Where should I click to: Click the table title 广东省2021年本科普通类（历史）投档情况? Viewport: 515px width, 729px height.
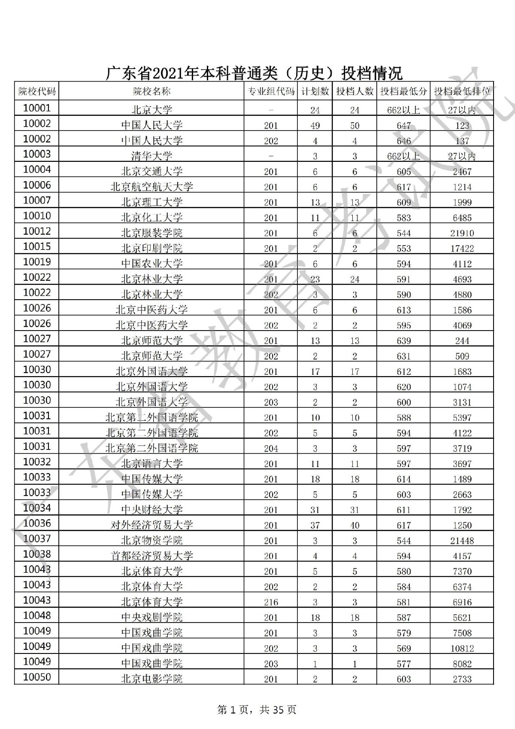click(x=254, y=73)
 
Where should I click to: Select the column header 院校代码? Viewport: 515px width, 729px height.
click(x=37, y=91)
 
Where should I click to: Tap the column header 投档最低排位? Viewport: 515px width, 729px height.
click(x=462, y=91)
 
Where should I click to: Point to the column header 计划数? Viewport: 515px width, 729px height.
click(x=315, y=91)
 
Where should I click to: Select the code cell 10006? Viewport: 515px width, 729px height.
click(x=37, y=185)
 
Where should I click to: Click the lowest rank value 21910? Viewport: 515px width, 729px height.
click(x=462, y=233)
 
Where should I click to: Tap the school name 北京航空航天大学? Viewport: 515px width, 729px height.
click(x=151, y=187)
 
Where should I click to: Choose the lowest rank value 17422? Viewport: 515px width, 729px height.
click(x=462, y=249)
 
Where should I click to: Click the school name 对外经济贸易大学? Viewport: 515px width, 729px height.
click(x=151, y=525)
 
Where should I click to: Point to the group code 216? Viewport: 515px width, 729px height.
click(x=271, y=602)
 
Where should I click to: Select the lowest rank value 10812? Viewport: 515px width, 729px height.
click(x=462, y=648)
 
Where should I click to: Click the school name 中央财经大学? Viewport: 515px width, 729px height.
click(x=151, y=510)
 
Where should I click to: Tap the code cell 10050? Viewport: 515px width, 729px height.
click(x=37, y=677)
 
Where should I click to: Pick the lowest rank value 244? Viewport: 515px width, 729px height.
click(x=462, y=341)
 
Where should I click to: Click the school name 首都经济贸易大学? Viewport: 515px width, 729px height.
click(x=151, y=556)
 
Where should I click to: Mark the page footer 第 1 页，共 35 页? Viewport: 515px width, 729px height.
click(x=257, y=710)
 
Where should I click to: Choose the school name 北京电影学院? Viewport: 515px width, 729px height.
click(x=151, y=679)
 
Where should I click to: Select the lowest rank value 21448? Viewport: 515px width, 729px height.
click(x=462, y=541)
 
